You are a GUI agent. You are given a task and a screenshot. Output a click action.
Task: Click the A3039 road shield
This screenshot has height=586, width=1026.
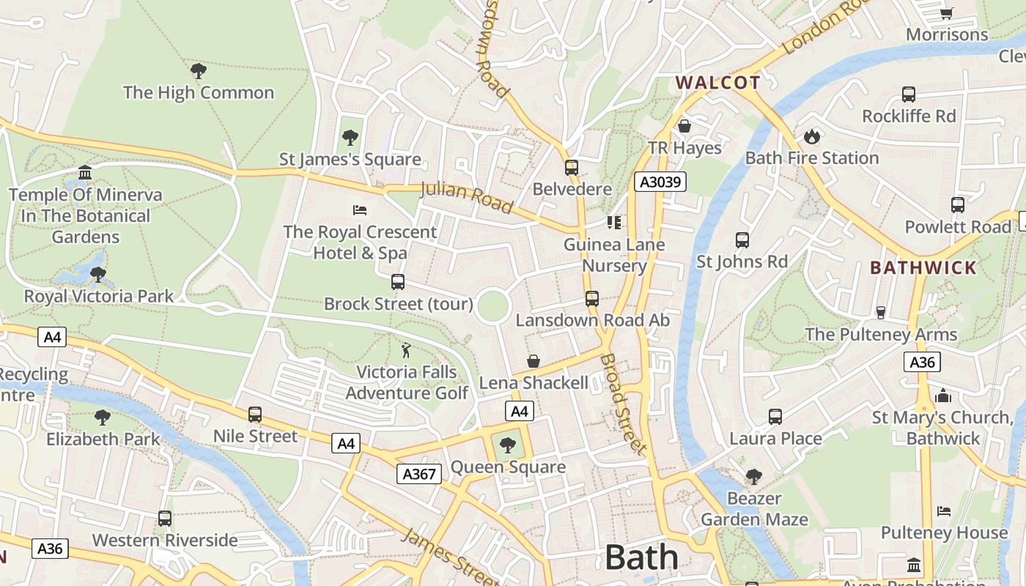660,182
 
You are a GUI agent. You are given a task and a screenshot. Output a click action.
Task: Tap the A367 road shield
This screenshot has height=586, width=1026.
420,474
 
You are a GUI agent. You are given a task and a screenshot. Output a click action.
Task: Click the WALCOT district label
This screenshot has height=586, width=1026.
717,82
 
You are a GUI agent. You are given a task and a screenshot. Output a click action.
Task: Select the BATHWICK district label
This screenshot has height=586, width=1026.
923,267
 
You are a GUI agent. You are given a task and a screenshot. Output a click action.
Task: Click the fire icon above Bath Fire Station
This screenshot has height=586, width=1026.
811,136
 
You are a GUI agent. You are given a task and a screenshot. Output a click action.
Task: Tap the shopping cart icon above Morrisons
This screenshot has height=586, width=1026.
946,13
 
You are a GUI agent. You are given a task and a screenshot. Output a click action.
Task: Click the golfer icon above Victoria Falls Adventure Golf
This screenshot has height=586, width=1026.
406,350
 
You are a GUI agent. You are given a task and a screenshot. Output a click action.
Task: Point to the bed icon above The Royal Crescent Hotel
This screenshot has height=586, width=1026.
360,210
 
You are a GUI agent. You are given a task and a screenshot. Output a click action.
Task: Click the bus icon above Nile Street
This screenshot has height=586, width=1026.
255,415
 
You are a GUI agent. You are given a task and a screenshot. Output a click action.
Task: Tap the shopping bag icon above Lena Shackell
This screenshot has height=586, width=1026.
534,361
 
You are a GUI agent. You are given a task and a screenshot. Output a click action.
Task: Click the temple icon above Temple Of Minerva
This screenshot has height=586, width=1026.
85,173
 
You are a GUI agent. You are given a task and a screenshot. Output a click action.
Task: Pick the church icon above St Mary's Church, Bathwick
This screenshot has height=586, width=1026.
943,396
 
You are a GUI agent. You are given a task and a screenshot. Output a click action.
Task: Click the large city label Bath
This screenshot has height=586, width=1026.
641,557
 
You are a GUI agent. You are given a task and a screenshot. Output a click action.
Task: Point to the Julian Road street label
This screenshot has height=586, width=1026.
466,198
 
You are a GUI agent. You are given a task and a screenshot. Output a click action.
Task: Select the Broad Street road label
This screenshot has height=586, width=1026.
624,404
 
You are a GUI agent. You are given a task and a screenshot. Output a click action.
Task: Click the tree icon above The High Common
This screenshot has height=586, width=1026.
198,71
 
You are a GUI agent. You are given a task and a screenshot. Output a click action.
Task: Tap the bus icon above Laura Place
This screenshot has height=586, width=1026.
775,417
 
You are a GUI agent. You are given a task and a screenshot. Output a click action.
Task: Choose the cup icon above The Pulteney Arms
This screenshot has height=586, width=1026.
881,313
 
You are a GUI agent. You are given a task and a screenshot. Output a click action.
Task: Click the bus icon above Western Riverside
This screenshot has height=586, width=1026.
165,519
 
